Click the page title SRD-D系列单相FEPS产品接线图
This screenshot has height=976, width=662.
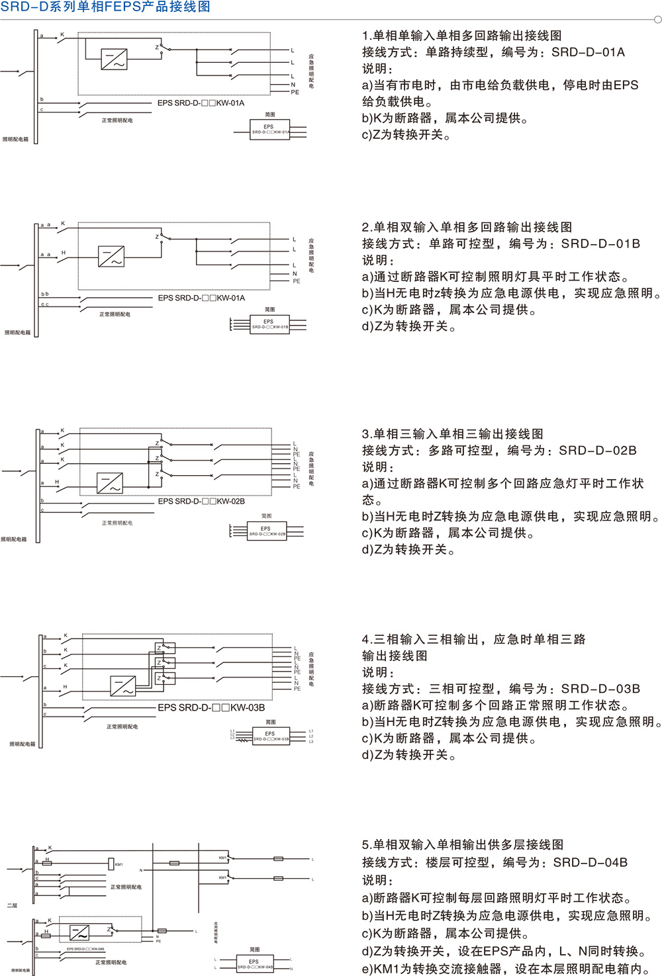click(105, 7)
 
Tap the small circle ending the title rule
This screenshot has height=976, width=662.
click(657, 20)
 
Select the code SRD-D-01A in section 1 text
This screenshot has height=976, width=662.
click(588, 52)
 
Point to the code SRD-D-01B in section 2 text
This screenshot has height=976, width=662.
click(600, 244)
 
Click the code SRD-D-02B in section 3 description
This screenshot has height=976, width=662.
click(597, 451)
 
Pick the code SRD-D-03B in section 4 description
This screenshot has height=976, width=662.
click(600, 689)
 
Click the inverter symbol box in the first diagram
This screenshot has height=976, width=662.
click(114, 60)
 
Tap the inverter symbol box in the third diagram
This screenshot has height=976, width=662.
click(110, 482)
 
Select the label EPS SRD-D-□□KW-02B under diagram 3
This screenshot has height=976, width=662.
click(201, 502)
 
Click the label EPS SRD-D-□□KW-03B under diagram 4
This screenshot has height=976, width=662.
click(211, 708)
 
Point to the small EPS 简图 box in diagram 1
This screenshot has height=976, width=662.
click(269, 129)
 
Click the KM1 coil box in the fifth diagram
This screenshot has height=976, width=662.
click(111, 864)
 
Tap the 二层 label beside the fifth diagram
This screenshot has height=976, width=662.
click(12, 905)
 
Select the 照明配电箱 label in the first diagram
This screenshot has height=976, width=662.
click(16, 140)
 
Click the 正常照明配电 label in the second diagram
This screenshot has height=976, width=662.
click(115, 314)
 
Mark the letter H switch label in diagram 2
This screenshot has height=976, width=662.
click(64, 253)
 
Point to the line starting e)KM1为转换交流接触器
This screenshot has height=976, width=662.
click(506, 969)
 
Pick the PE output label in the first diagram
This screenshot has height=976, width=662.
click(295, 93)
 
